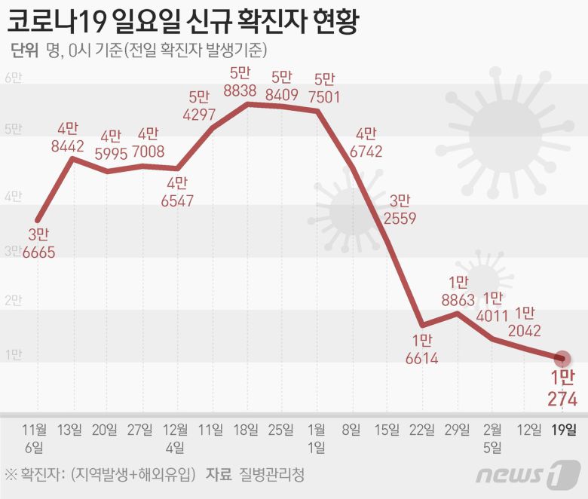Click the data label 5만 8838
240,82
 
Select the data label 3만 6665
38,243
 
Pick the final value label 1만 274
562,388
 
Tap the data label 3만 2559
399,210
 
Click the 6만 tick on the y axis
14,78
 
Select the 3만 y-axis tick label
14,250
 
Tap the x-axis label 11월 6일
35,438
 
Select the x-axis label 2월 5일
491,438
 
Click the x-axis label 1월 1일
316,438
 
